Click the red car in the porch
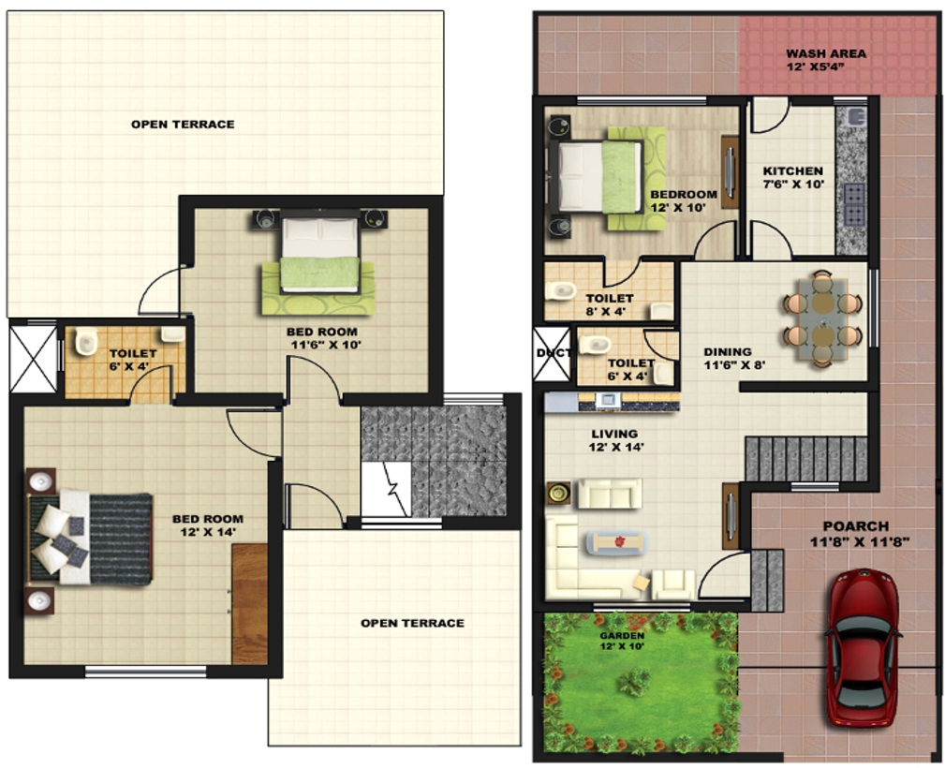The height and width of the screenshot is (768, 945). [863, 647]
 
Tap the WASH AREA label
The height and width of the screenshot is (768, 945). [825, 60]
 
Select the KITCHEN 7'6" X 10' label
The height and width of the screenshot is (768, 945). [792, 178]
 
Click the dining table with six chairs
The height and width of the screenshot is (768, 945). [821, 319]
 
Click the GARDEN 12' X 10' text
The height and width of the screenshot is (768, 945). [623, 641]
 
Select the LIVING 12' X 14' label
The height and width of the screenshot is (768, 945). [614, 440]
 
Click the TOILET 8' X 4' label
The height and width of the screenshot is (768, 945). [609, 305]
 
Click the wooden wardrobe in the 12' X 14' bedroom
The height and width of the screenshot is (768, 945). [249, 603]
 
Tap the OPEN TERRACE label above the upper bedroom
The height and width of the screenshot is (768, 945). [183, 125]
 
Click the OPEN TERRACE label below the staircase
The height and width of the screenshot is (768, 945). [412, 623]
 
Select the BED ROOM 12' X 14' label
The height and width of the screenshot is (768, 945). [207, 525]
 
